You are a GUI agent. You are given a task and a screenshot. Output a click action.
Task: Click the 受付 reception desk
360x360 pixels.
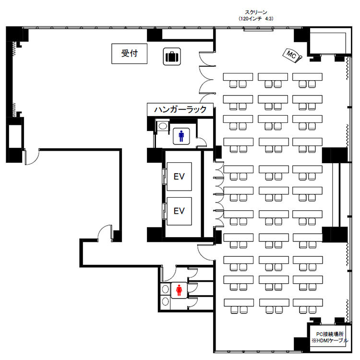tap(129, 53)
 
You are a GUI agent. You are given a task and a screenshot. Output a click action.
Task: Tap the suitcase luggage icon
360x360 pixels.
tap(172, 57)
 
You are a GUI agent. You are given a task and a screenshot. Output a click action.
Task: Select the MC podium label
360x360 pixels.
tap(292, 56)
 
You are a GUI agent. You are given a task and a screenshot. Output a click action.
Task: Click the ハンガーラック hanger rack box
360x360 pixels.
tap(180, 109)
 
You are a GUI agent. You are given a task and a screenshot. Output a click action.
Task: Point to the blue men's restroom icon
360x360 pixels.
tap(181, 136)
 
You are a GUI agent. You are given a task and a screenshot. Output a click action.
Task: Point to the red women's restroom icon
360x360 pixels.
tap(179, 290)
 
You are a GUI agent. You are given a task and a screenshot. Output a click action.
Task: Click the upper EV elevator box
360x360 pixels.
tap(179, 177)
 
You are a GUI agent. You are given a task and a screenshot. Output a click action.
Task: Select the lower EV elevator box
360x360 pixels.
tap(179, 211)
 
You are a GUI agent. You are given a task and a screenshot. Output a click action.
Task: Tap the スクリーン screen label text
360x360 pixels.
tap(256, 12)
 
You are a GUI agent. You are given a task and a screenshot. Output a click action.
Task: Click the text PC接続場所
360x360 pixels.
tap(330, 334)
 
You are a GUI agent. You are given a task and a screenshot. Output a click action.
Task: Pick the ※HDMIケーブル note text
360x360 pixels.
tap(330, 340)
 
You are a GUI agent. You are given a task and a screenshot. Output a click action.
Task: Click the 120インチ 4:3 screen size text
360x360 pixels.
tap(256, 19)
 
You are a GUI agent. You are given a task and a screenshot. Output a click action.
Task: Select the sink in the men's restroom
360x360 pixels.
tap(163, 126)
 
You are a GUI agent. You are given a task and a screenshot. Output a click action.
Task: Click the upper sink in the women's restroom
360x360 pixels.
tap(165, 289)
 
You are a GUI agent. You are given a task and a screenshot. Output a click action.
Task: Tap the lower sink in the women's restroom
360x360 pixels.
tap(165, 301)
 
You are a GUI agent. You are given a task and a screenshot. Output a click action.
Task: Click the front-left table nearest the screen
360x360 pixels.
tap(238, 77)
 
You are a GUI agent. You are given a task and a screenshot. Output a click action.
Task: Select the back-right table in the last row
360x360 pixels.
tap(308, 302)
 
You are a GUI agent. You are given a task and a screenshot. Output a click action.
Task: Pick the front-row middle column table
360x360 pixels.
tap(273, 77)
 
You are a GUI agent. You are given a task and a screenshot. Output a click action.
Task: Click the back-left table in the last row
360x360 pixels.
tap(239, 302)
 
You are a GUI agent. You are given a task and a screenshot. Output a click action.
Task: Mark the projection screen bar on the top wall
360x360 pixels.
tap(259, 29)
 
